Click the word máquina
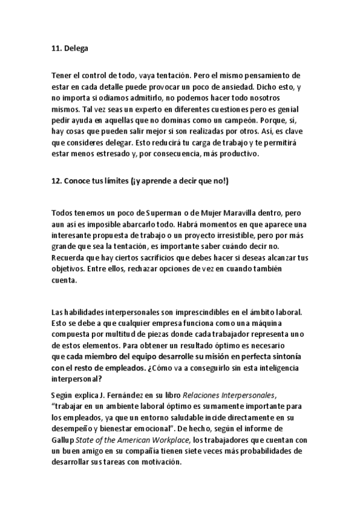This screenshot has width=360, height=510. pyautogui.click(x=282, y=323)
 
